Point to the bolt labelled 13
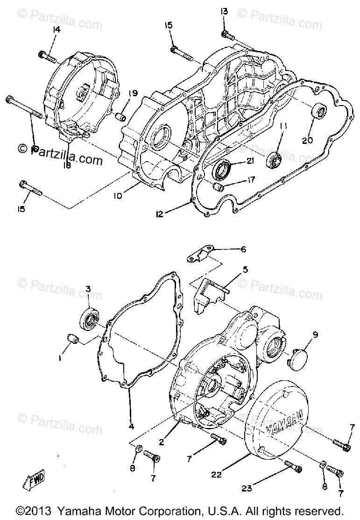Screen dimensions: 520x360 [226, 34]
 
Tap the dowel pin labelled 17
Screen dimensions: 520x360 [218, 188]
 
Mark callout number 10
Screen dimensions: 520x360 [117, 196]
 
